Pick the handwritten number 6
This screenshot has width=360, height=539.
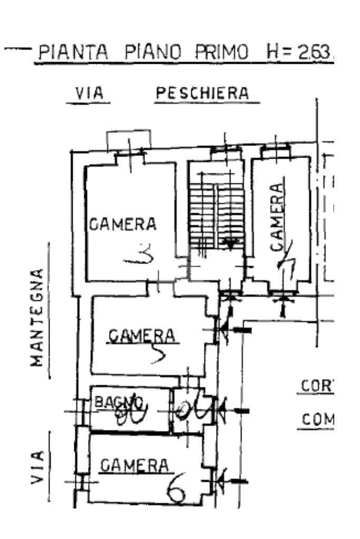(x=178, y=494)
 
